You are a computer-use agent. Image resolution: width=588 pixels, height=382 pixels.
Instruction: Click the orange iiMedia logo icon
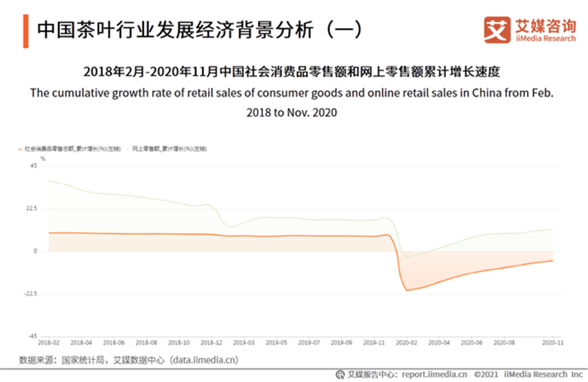(497, 28)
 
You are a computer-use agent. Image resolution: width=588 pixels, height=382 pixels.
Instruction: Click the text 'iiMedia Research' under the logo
(544, 37)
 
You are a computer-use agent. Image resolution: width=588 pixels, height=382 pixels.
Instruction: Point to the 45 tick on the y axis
(33, 166)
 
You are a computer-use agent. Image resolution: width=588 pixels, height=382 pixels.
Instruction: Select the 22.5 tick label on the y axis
(31, 209)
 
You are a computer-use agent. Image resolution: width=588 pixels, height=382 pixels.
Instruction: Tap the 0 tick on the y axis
(35, 251)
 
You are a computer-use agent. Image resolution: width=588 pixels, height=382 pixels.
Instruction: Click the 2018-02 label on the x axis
(49, 343)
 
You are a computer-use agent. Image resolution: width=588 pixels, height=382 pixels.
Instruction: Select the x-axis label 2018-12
(210, 343)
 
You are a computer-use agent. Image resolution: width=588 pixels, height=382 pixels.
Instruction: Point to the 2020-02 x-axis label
(406, 343)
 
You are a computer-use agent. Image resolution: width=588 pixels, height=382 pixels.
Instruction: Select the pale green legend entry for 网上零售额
(168, 148)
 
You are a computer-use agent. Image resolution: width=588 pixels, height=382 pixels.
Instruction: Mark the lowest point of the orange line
(406, 290)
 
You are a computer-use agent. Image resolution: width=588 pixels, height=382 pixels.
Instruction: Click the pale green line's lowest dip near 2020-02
(407, 256)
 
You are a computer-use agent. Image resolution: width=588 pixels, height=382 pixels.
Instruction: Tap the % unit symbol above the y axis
(43, 157)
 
